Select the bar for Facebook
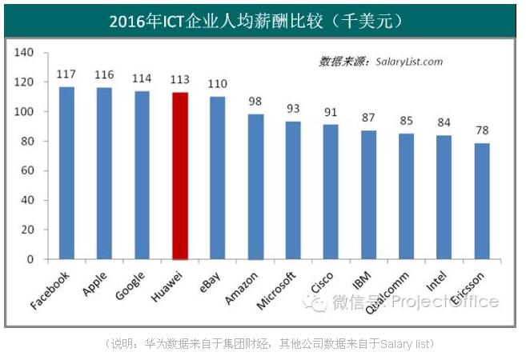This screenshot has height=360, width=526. [66, 173]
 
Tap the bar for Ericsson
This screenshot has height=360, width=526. [481, 201]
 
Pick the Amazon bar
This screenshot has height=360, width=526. [255, 186]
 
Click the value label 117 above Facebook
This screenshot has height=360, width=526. [66, 74]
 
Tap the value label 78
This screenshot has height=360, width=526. [481, 130]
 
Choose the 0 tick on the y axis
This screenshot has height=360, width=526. [31, 259]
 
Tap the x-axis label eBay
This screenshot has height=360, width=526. [210, 281]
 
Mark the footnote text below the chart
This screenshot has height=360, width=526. [269, 343]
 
